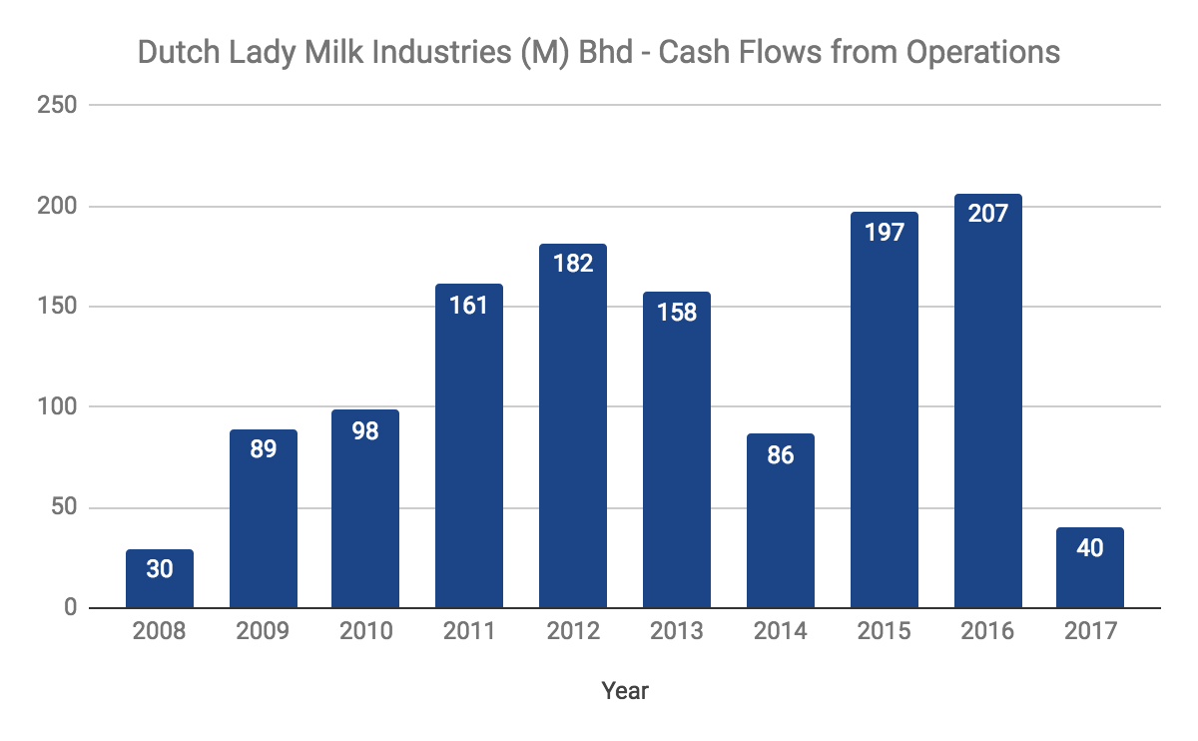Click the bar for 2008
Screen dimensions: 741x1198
coord(160,579)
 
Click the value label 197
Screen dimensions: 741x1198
coord(885,233)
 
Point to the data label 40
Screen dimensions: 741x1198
coord(1090,547)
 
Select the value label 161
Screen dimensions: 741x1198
coord(469,305)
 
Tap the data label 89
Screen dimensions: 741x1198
coord(264,449)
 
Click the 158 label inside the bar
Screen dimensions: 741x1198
coord(677,312)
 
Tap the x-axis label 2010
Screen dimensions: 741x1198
coord(365,632)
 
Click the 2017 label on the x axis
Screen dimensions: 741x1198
coord(1090,632)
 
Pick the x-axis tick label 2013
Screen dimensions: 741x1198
coord(677,632)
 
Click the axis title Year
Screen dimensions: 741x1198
coord(625,690)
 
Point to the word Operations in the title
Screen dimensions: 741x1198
coord(982,52)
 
